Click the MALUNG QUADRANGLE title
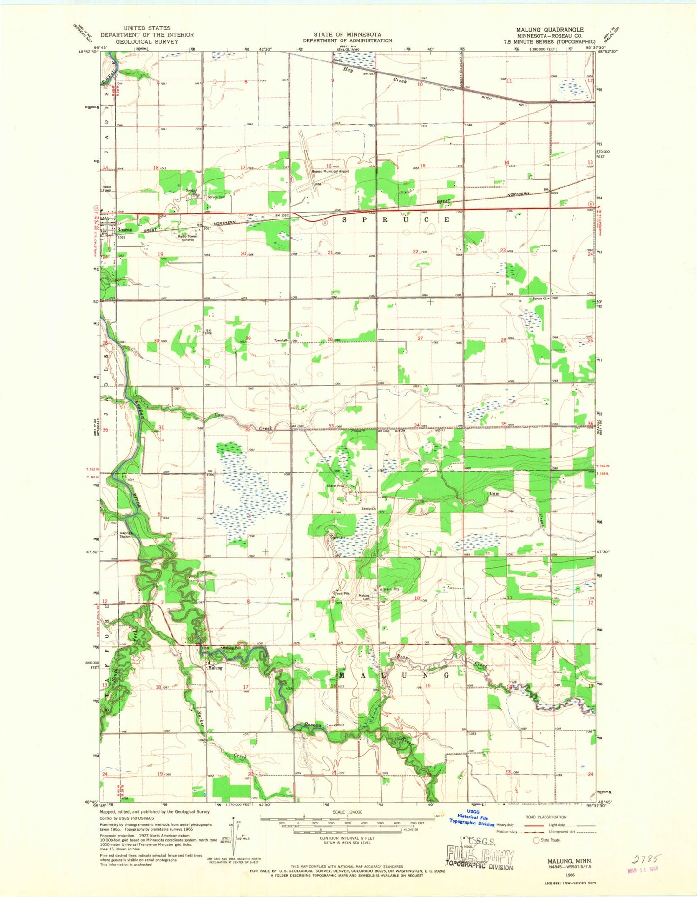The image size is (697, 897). [x=550, y=29]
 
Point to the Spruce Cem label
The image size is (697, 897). [x=216, y=197]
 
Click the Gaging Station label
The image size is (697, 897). [x=125, y=535]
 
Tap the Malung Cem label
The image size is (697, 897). [x=364, y=597]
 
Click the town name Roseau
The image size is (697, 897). [x=124, y=230]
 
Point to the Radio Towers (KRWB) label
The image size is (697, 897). [x=188, y=238]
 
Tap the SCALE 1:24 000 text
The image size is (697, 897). [x=348, y=812]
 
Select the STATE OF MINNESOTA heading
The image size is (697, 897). [x=347, y=34]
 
